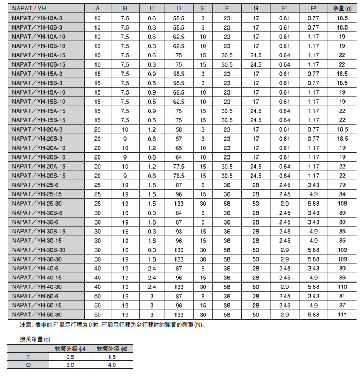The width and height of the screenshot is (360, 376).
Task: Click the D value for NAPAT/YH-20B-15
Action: click(179, 175)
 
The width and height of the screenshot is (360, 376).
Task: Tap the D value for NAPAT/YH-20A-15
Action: click(179, 166)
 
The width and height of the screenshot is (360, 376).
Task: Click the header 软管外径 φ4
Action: click(70, 348)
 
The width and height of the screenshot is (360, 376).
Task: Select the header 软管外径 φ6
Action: click(111, 348)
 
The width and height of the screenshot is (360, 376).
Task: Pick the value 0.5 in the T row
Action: click(70, 356)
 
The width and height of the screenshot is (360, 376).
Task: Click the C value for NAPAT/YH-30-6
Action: click(152, 221)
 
